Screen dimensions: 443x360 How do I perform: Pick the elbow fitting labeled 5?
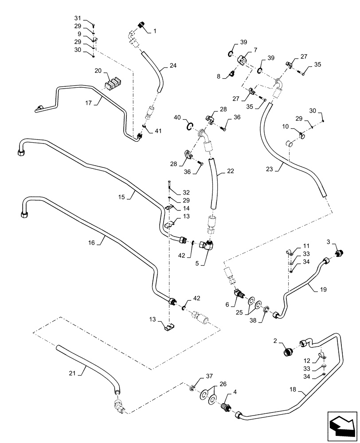tap(208, 245)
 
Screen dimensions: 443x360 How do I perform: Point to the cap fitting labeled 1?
tap(141, 26)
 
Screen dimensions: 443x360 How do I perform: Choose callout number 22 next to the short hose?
tap(230, 171)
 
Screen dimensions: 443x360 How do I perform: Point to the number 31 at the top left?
tap(78, 18)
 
